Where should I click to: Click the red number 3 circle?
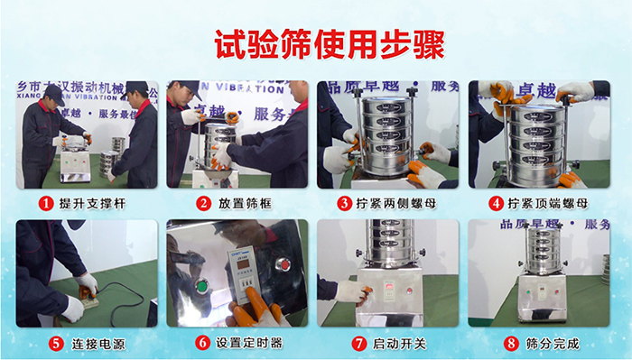pos(344,204)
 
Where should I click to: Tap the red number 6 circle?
pos(203,344)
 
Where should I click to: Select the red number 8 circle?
pos(511,344)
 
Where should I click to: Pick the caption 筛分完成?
pos(549,344)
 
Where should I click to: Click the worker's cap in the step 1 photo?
pos(54,91)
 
